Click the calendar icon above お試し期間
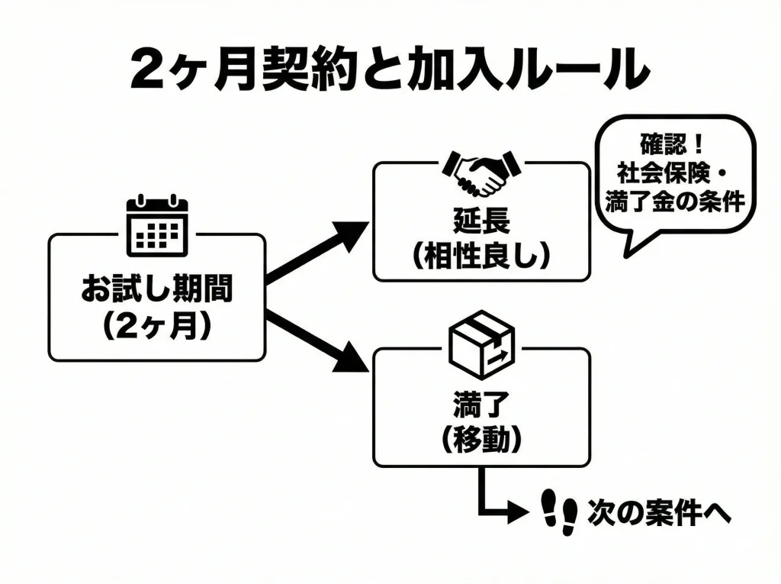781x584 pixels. pos(156,225)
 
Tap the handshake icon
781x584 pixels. pos(480,173)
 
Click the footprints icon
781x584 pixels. pos(558,512)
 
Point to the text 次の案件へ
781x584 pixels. pos(659,513)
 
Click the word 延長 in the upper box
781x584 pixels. pos(480,221)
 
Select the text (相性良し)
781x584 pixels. pos(480,255)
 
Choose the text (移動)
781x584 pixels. pos(480,438)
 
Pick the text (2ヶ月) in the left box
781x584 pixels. pos(156,325)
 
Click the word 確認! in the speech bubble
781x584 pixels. pos(672,143)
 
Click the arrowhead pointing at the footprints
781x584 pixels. pos(519,511)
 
